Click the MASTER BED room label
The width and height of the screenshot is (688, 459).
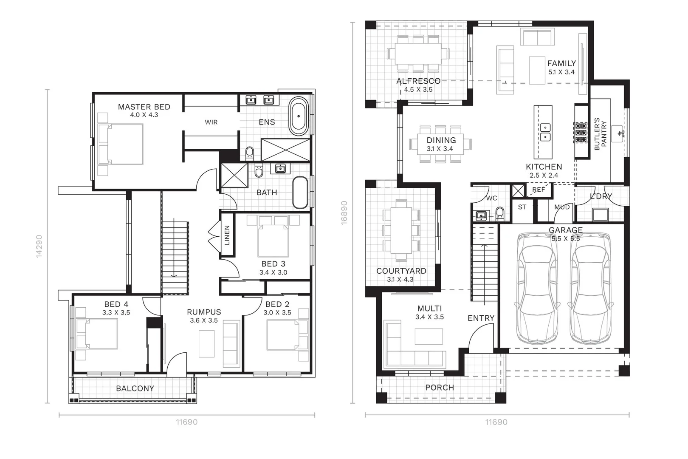pyautogui.click(x=144, y=107)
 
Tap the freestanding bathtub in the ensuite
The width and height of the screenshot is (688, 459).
pyautogui.click(x=299, y=116)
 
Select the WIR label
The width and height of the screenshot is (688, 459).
pyautogui.click(x=211, y=122)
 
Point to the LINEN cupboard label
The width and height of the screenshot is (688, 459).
pyautogui.click(x=227, y=235)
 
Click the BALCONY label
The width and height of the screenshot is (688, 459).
pyautogui.click(x=135, y=388)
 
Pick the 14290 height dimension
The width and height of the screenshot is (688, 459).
pyautogui.click(x=39, y=246)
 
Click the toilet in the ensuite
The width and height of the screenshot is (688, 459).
pyautogui.click(x=250, y=153)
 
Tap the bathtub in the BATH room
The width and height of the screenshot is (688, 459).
pyautogui.click(x=300, y=193)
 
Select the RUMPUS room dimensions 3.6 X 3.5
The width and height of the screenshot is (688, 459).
pyautogui.click(x=204, y=320)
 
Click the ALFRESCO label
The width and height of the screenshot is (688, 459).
pyautogui.click(x=418, y=81)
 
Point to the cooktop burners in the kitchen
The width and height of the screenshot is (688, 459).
pyautogui.click(x=581, y=133)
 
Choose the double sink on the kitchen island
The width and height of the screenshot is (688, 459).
pyautogui.click(x=545, y=132)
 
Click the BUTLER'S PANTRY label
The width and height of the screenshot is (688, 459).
pyautogui.click(x=601, y=134)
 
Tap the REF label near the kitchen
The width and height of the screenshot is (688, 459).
pyautogui.click(x=539, y=190)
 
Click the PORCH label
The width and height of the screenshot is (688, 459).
pyautogui.click(x=440, y=387)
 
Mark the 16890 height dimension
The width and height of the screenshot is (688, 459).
pyautogui.click(x=344, y=213)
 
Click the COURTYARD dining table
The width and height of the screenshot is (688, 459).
pyautogui.click(x=401, y=230)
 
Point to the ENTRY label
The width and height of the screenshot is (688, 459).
pyautogui.click(x=481, y=318)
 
